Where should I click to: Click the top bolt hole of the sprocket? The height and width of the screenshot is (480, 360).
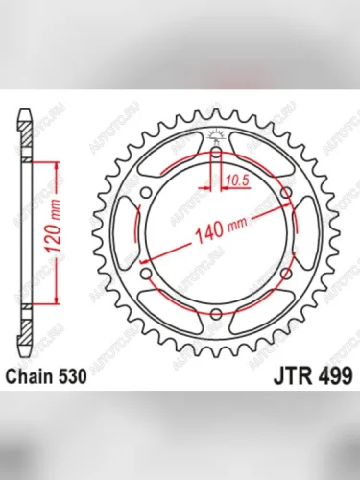point(218,151)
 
